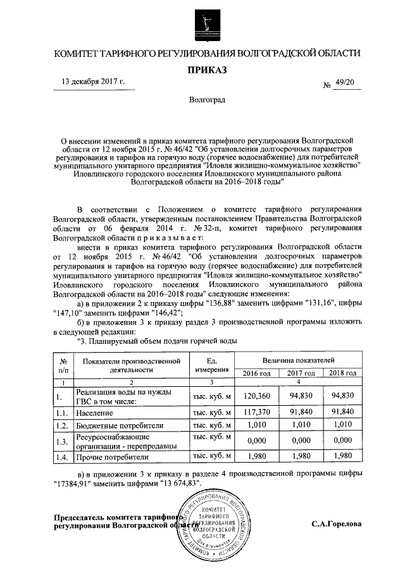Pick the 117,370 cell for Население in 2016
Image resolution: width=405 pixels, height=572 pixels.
[x=257, y=412]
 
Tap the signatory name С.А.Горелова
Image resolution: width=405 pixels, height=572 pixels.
[x=337, y=524]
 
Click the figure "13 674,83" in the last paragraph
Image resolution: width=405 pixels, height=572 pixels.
[x=179, y=483]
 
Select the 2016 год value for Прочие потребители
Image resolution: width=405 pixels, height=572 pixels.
[x=257, y=456]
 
